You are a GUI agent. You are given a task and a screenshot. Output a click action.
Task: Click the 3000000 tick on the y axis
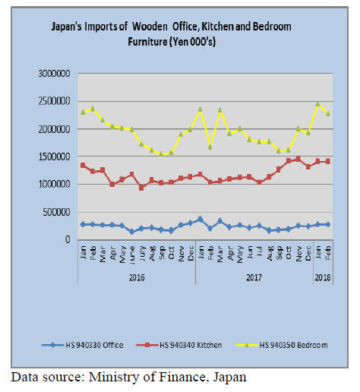tap(54, 74)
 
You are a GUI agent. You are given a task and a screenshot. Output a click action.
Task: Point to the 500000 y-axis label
tap(56, 212)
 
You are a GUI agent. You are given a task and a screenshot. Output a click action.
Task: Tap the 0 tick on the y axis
tap(68, 239)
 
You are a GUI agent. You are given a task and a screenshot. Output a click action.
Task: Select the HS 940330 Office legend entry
tap(83, 345)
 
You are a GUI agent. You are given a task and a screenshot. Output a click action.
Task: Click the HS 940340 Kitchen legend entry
tap(178, 345)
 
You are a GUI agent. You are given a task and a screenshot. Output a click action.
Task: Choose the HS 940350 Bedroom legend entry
tap(282, 345)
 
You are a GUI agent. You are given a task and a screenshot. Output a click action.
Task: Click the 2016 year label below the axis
tap(137, 277)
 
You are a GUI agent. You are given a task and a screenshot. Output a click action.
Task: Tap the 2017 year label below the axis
tap(254, 277)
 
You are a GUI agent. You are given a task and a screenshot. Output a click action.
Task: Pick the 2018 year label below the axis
tap(323, 277)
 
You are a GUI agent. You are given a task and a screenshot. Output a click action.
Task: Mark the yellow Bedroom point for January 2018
tap(318, 104)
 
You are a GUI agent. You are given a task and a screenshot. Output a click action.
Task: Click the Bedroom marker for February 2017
tap(210, 147)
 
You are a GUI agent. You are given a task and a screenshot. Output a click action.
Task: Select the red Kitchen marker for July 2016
tap(141, 188)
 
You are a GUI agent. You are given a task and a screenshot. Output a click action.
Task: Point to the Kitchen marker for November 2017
tap(298, 159)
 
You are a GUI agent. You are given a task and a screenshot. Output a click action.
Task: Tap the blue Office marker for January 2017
tap(201, 219)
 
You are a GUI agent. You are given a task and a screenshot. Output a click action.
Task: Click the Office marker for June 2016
tap(131, 232)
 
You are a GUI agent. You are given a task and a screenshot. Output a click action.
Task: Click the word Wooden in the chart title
tap(150, 27)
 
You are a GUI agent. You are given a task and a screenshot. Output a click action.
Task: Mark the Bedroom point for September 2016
tap(161, 154)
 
